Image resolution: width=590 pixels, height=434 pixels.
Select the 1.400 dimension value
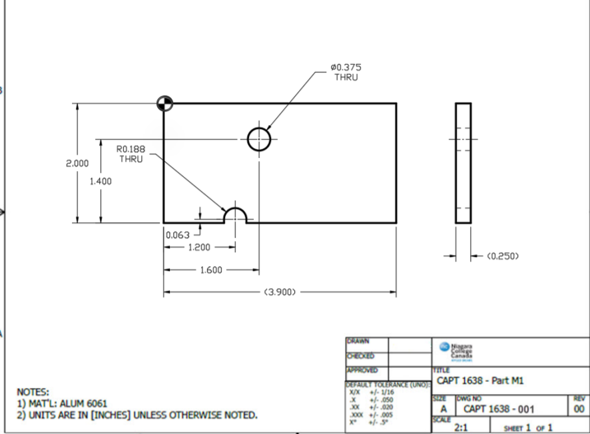pyautogui.click(x=101, y=181)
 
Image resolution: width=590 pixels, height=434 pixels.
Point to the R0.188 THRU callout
pyautogui.click(x=131, y=154)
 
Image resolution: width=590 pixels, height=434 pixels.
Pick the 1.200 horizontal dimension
pyautogui.click(x=198, y=247)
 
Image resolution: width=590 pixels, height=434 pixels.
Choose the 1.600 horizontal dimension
pyautogui.click(x=212, y=270)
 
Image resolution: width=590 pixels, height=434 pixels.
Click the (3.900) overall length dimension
pyautogui.click(x=280, y=292)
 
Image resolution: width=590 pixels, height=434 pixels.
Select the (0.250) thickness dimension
pyautogui.click(x=503, y=256)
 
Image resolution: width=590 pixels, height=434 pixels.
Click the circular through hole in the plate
pyautogui.click(x=259, y=140)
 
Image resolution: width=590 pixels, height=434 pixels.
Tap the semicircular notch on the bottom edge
pyautogui.click(x=235, y=216)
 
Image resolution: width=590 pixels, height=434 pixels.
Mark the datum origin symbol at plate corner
pyautogui.click(x=164, y=103)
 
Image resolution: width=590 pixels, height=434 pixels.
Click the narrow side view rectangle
pyautogui.click(x=463, y=163)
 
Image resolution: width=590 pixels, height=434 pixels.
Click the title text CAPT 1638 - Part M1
pyautogui.click(x=479, y=381)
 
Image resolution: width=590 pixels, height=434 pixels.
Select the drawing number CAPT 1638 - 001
pyautogui.click(x=498, y=409)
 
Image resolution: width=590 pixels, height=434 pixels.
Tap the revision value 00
pyautogui.click(x=579, y=409)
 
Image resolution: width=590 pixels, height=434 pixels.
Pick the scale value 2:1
pyautogui.click(x=459, y=427)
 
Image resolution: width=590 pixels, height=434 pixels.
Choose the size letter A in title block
pyautogui.click(x=443, y=409)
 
